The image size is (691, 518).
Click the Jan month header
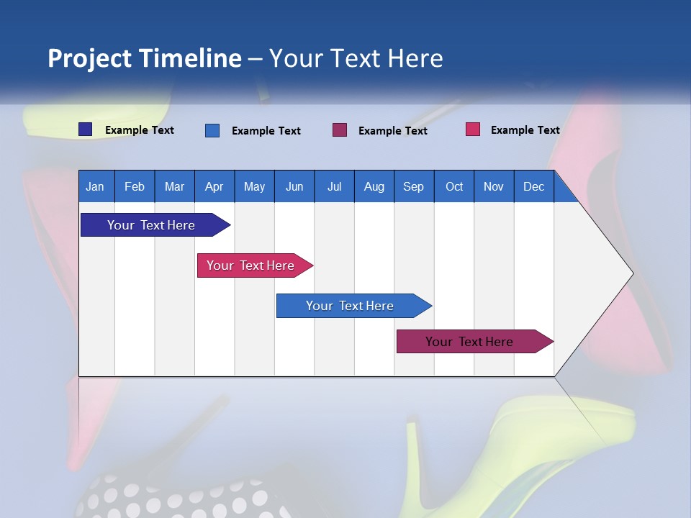95,186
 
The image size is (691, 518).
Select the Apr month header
214,186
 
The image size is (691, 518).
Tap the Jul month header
334,186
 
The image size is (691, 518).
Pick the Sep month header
413,186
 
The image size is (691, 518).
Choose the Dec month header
533,186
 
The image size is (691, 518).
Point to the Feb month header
135,186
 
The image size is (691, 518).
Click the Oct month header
454,186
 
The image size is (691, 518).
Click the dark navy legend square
85,129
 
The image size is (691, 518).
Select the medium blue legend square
212,130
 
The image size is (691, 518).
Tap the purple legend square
340,129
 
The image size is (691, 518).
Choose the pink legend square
472,129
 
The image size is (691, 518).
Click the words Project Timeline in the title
144,58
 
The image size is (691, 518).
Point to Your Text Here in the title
356,58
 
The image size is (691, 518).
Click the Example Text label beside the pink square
525,130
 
